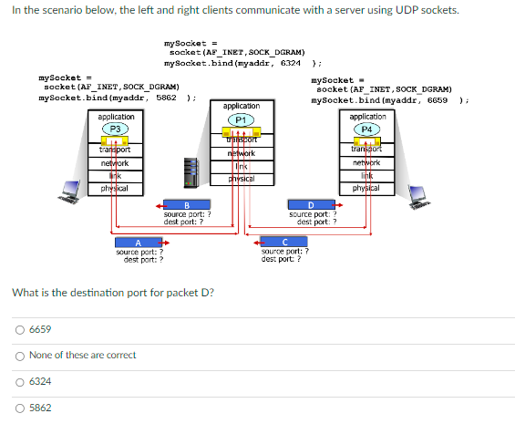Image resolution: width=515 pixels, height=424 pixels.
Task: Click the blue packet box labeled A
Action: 139,243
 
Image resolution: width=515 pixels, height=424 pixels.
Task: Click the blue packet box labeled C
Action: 284,242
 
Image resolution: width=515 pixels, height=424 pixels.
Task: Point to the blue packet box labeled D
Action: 311,205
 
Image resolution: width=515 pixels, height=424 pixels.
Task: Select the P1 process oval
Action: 241,119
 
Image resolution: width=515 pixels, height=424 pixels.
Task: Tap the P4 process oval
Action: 367,129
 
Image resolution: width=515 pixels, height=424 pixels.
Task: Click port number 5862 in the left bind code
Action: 166,98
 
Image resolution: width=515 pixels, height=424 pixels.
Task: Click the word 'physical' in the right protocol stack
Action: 367,187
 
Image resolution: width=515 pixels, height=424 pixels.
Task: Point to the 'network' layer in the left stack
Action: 115,163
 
